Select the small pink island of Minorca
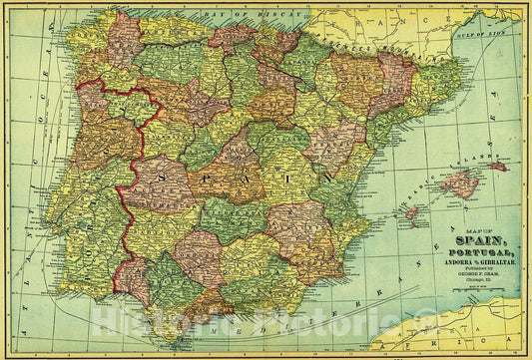pyautogui.click(x=496, y=166)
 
